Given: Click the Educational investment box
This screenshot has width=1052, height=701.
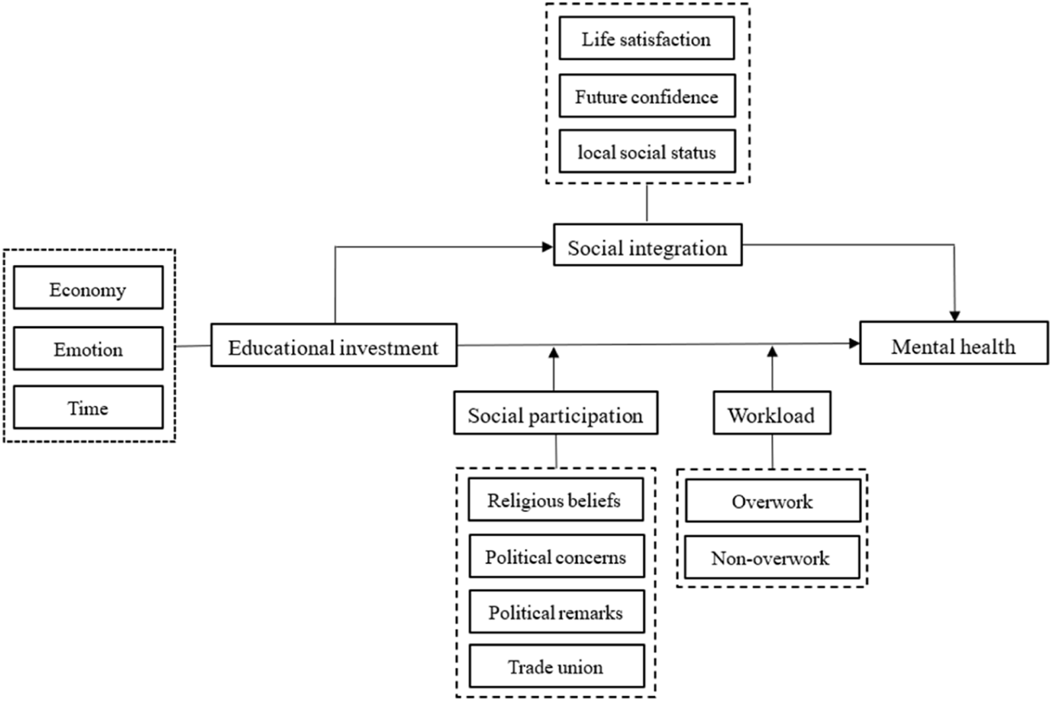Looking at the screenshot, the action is (334, 345).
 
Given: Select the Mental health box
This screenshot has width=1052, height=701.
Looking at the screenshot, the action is (954, 343).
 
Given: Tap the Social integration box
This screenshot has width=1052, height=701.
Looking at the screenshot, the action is (648, 245).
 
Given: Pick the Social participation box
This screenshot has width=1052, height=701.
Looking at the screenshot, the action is (556, 412).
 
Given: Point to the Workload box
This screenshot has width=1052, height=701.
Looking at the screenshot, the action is (772, 412).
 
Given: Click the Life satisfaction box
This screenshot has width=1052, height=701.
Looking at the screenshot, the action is (647, 38).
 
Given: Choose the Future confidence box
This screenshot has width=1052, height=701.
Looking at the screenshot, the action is (647, 95).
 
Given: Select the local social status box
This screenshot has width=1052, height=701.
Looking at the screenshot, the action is (647, 151).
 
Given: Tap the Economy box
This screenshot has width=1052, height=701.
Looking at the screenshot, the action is (88, 287).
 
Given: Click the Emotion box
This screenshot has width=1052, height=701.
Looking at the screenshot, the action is (88, 348).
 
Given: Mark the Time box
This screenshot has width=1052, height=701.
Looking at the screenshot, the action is (88, 407).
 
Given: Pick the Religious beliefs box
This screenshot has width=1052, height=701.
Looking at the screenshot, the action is (556, 499).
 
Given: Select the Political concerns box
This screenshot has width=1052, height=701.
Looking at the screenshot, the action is (557, 556).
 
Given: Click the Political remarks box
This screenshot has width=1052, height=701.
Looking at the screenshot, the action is (557, 612).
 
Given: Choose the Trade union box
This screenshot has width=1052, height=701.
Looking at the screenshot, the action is (557, 665).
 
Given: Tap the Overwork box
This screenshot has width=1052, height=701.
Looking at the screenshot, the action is (773, 500).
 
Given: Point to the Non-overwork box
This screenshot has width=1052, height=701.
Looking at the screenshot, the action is (772, 557).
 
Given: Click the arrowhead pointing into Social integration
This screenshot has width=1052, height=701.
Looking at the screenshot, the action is (548, 247).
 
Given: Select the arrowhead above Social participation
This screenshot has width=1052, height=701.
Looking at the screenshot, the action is (554, 353).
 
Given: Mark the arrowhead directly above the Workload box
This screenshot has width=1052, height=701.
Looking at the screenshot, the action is (773, 352).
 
